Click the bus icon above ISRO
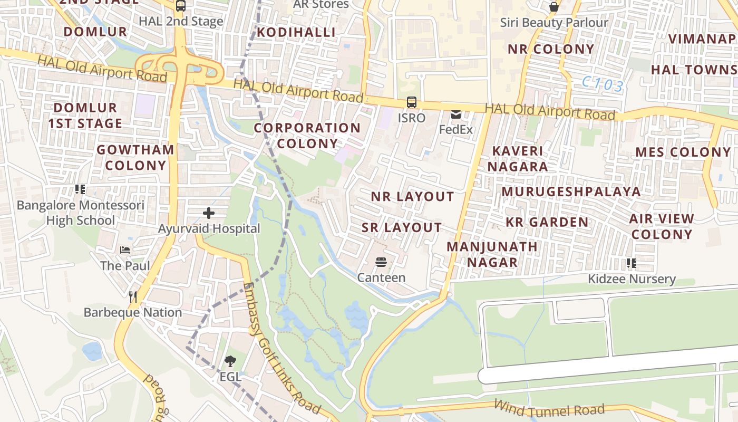pos(411,102)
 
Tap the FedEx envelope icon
pos(455,114)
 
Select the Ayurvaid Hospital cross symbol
pos(209,213)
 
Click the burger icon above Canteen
pos(381,262)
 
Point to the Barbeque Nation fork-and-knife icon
pos(133,297)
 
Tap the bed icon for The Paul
pos(125,250)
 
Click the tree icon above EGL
pos(230,361)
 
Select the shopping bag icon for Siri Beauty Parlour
pos(553,7)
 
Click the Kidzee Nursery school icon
pos(631,263)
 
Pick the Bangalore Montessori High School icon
pos(80,189)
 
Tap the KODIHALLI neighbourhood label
pos(296,32)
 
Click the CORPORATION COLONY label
pos(307,136)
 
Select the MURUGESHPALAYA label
pos(571,191)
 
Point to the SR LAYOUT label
pos(402,227)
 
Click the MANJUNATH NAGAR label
pos(492,254)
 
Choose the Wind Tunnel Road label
pos(548,408)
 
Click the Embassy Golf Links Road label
pos(281,349)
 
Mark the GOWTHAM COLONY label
pos(135,157)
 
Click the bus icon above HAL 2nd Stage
pos(181,6)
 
